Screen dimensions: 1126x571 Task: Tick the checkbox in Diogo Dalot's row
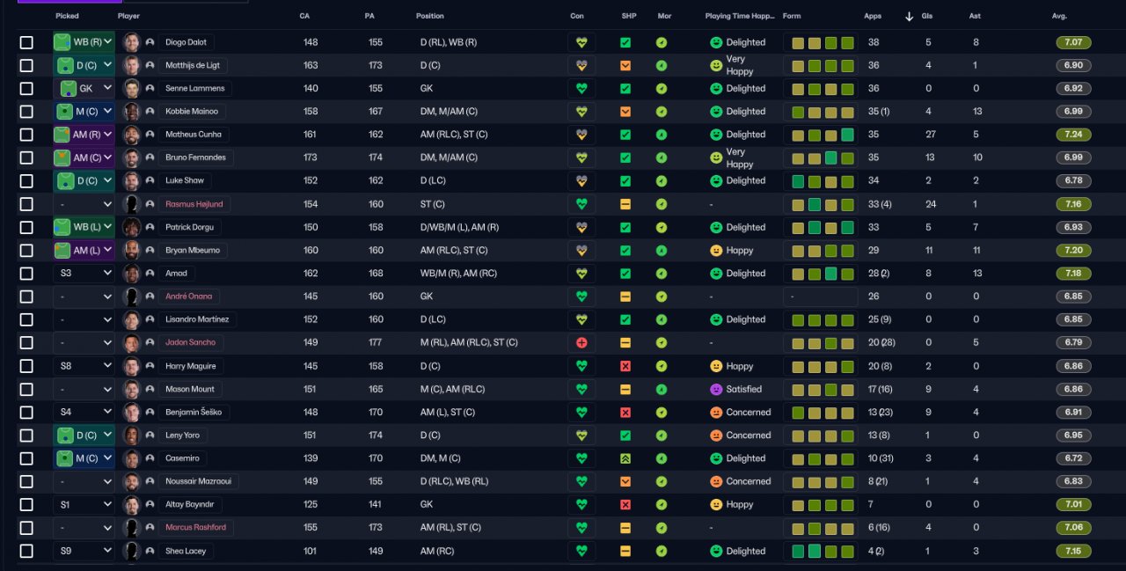26,43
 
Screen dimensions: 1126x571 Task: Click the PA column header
369,16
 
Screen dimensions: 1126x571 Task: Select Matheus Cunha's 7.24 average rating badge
1073,135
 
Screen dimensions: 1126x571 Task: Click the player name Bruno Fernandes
195,157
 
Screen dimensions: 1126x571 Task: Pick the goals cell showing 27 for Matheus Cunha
931,135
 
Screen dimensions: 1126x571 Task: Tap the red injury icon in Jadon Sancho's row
581,343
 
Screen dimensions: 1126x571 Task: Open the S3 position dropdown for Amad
84,274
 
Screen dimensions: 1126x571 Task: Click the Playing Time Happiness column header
740,16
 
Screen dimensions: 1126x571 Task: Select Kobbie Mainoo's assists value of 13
977,112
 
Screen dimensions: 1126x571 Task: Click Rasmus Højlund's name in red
194,204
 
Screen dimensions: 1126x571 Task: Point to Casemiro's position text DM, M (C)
440,458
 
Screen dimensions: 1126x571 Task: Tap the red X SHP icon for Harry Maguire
625,366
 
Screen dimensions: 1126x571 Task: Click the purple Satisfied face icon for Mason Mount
716,389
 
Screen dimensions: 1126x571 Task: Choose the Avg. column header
1059,16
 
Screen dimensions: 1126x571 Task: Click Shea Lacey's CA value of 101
310,551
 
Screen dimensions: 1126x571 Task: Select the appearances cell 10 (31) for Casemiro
881,458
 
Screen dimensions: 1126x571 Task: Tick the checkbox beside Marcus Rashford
26,528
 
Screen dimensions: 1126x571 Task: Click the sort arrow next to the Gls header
909,17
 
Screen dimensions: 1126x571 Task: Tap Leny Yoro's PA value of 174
376,436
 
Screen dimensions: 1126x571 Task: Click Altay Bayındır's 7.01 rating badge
1073,505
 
